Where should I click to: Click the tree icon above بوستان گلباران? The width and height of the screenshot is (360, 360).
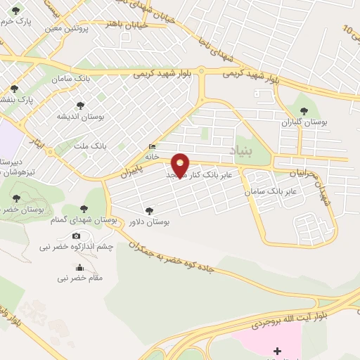point(304,110)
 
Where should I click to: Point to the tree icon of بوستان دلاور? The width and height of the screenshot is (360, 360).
point(148,210)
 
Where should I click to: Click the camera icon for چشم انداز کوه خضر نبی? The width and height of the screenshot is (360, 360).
point(77,236)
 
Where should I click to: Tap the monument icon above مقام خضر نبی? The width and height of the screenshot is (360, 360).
point(79,267)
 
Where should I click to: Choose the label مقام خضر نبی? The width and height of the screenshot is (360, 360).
point(80,278)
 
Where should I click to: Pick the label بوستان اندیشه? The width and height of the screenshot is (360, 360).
point(81,116)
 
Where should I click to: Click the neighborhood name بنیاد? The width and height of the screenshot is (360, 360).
point(241,149)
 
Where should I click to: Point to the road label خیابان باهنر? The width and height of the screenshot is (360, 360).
point(127,25)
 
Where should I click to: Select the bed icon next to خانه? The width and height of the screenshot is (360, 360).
point(153,147)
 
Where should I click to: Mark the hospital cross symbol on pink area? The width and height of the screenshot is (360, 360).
point(276,350)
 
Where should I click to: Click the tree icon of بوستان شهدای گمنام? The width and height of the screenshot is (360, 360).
point(85,208)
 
